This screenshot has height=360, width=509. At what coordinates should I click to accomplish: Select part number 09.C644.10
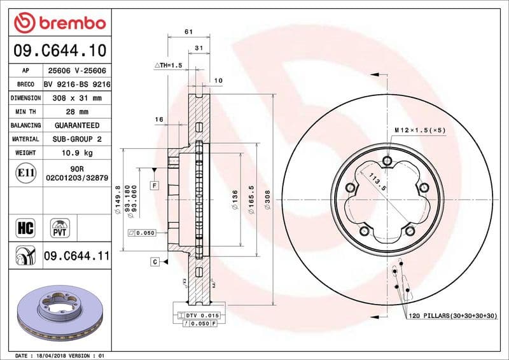(59, 50)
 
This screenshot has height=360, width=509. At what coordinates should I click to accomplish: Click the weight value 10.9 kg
(77, 153)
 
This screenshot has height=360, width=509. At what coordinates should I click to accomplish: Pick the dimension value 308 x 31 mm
(77, 99)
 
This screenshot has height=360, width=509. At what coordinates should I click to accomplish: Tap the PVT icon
(59, 228)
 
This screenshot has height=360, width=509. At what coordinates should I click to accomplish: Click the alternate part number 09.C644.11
(77, 256)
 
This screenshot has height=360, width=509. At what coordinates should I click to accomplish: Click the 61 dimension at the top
(188, 32)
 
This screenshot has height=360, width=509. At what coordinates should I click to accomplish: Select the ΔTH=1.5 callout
(169, 66)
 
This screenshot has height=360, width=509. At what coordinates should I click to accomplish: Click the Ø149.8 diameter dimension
(118, 200)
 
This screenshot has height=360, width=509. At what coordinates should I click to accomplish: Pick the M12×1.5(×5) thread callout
(420, 130)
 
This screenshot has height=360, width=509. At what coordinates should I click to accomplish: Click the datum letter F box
(154, 185)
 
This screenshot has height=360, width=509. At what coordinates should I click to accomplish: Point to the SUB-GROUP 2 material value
(77, 139)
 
